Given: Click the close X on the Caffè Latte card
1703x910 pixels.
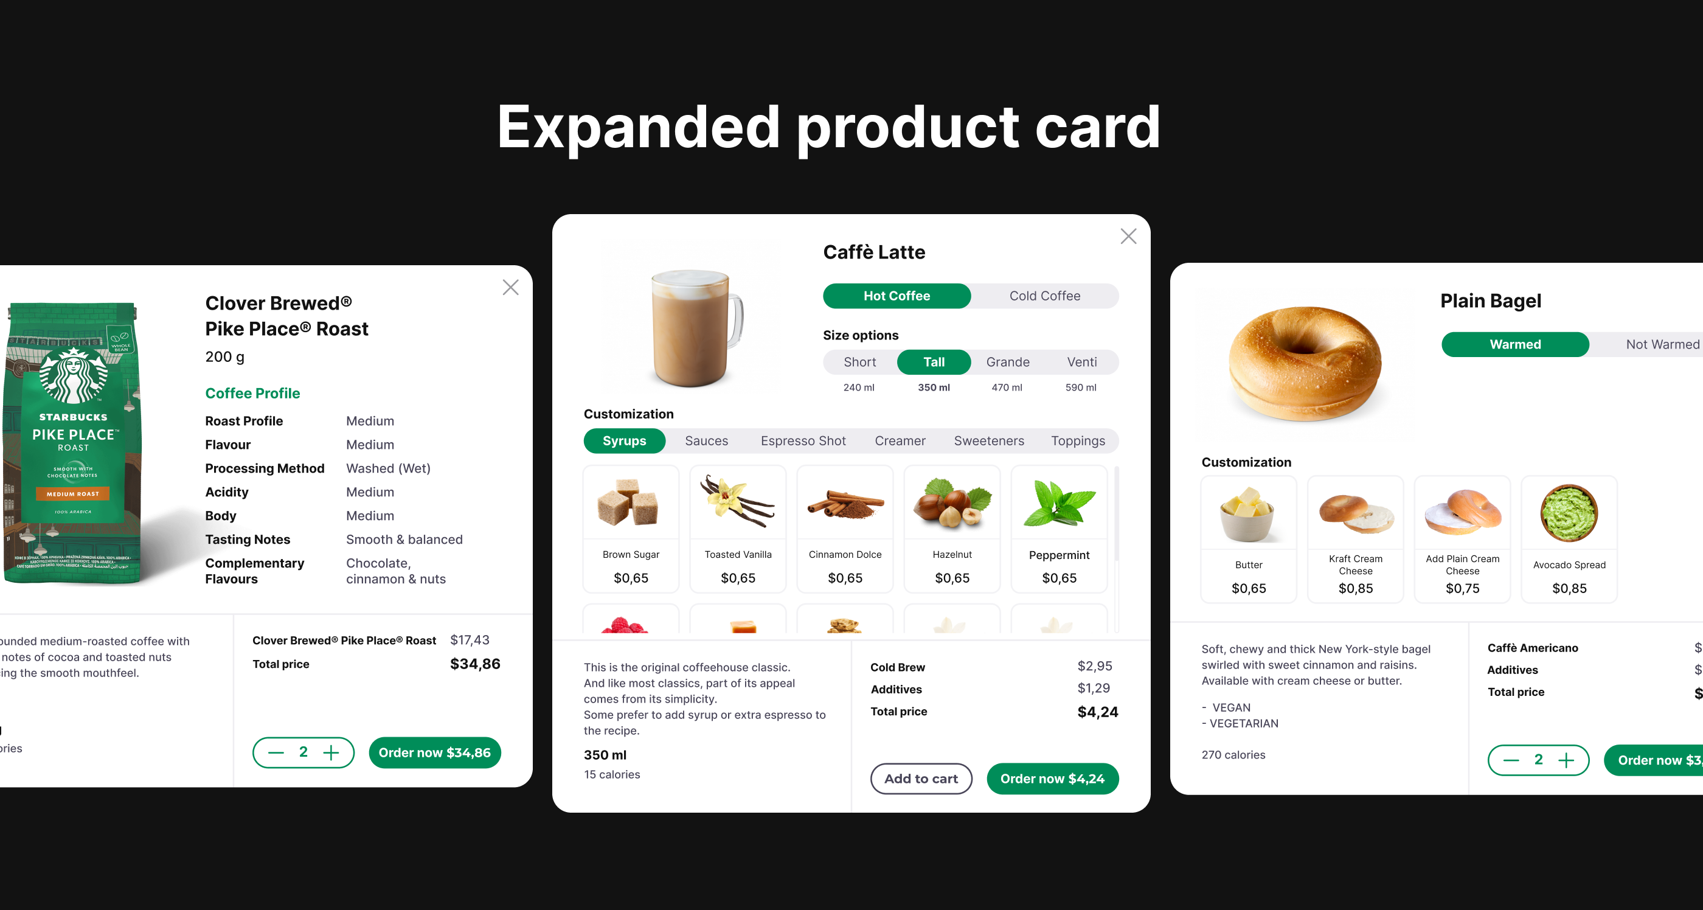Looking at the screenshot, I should tap(1128, 236).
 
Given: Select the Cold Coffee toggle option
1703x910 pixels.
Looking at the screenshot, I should tap(1044, 296).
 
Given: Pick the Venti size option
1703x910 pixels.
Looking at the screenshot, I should tap(1081, 362).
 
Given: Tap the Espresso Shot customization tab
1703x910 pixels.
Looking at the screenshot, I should tap(803, 440).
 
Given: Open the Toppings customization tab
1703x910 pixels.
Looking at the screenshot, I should tap(1078, 440).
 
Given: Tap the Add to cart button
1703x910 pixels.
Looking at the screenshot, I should tap(920, 779).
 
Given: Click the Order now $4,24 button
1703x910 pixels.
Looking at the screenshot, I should tap(1052, 779).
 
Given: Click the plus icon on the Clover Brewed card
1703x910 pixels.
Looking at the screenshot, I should tap(330, 752).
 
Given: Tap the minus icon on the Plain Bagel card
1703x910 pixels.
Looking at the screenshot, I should tap(1511, 760).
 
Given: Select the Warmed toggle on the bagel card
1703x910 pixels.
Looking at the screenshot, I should tap(1514, 344).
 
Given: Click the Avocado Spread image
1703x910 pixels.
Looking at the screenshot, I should tap(1568, 513).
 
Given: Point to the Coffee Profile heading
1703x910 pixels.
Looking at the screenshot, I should tap(252, 393).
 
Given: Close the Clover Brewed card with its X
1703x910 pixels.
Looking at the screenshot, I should tap(510, 287).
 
